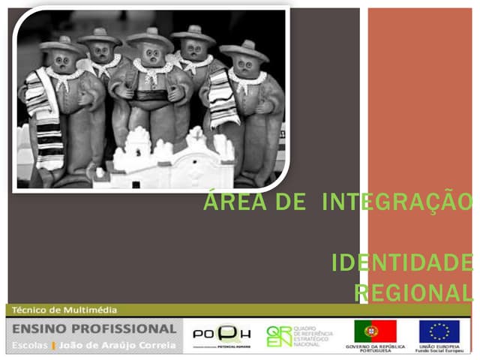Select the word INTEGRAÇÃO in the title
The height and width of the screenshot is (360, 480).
[x=401, y=202]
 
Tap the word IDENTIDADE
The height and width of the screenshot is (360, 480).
[x=402, y=263]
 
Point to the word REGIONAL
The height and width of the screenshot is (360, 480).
[x=413, y=292]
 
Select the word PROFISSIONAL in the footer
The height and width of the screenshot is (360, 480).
[x=133, y=328]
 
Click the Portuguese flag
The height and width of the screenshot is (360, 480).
[x=375, y=331]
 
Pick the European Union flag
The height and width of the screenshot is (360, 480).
[x=439, y=331]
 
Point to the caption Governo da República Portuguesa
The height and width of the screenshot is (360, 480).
[x=375, y=349]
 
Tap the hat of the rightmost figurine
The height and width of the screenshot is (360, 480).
[x=244, y=50]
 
